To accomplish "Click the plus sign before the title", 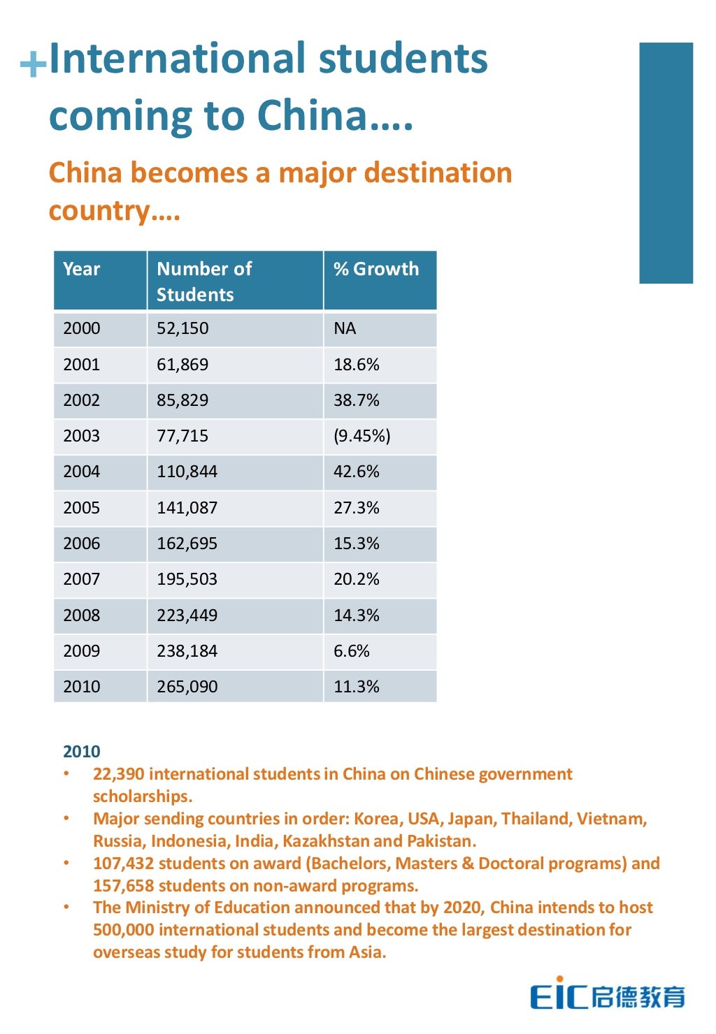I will pyautogui.click(x=33, y=66).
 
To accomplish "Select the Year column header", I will pyautogui.click(x=82, y=269).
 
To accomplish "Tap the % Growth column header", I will pyautogui.click(x=376, y=269).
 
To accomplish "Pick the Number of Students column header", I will pyautogui.click(x=203, y=281).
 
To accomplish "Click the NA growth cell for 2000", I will pyautogui.click(x=345, y=328).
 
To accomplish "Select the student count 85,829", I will pyautogui.click(x=182, y=400).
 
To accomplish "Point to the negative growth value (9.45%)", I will pyautogui.click(x=361, y=436).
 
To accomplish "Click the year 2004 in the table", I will pyautogui.click(x=81, y=472).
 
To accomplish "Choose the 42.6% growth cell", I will pyautogui.click(x=356, y=472).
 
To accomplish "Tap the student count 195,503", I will pyautogui.click(x=187, y=579).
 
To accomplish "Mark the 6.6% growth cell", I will pyautogui.click(x=351, y=651).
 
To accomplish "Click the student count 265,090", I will pyautogui.click(x=187, y=687).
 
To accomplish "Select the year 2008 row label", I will pyautogui.click(x=81, y=616).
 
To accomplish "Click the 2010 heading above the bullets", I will pyautogui.click(x=82, y=752).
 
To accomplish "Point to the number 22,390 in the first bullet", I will pyautogui.click(x=118, y=774).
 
